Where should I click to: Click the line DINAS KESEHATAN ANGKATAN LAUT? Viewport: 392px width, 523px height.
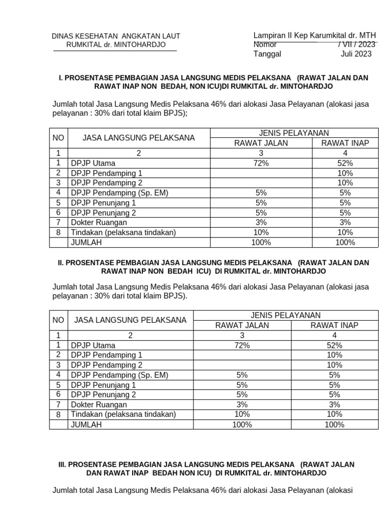(x=116, y=36)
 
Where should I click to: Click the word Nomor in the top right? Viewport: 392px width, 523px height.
(x=265, y=44)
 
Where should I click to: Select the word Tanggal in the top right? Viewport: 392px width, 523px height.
(x=267, y=54)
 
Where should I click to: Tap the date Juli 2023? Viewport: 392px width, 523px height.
(x=356, y=54)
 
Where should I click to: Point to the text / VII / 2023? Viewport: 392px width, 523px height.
(x=357, y=44)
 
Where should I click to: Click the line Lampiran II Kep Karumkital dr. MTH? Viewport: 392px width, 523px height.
(x=314, y=35)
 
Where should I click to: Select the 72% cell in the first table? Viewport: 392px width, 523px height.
(x=261, y=163)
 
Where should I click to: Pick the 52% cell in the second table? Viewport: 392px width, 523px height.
(x=334, y=345)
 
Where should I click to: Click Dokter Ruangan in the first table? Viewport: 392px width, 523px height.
(x=99, y=222)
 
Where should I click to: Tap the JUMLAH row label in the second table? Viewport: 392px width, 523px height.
(x=86, y=424)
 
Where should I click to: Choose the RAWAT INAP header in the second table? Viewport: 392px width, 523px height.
(x=334, y=325)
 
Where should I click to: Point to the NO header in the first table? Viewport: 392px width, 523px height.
(x=59, y=138)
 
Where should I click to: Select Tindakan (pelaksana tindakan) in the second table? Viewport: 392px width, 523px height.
(x=123, y=414)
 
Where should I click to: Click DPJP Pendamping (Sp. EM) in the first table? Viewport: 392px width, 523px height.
(x=119, y=193)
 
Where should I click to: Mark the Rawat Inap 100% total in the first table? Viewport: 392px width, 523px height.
(x=345, y=242)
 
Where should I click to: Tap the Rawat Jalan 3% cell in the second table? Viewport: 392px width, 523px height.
(x=242, y=404)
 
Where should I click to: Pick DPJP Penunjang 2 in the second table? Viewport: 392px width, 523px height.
(x=104, y=394)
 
